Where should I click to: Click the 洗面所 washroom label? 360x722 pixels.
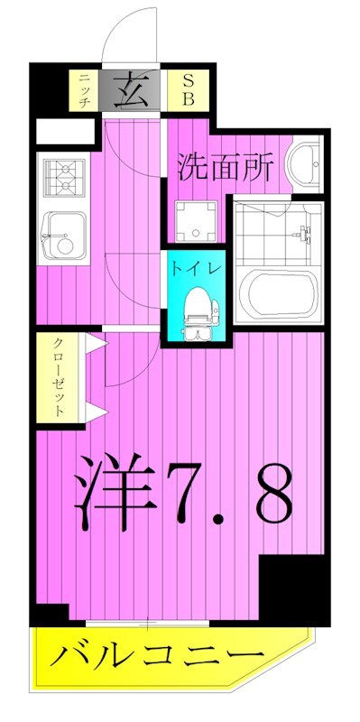point(226,167)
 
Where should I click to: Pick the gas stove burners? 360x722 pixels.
point(64,175)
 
